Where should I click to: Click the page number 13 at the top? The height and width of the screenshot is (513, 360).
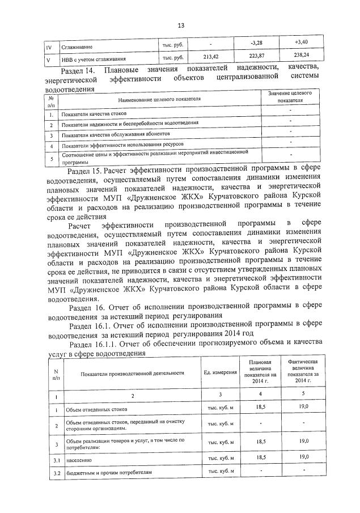tap(180, 26)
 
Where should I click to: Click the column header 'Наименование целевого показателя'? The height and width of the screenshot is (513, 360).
tap(159, 99)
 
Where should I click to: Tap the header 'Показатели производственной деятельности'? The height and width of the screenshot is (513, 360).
tap(133, 373)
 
